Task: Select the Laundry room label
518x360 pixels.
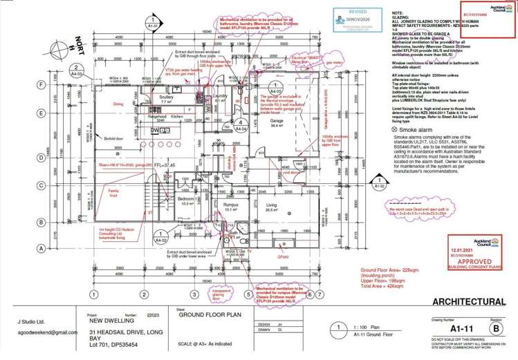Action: [221, 96]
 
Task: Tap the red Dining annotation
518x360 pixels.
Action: [118, 104]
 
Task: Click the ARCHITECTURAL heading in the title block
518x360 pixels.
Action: [468, 302]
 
